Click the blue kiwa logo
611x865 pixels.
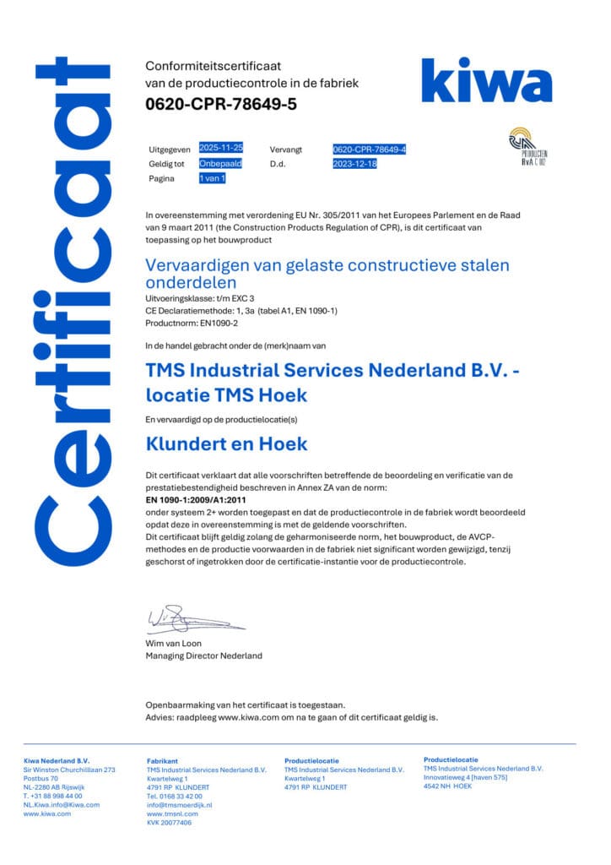[486, 81]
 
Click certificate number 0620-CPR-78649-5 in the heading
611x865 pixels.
[221, 105]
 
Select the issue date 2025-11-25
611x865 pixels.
[221, 148]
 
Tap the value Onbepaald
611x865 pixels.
[218, 163]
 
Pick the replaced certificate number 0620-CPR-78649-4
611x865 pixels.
[370, 149]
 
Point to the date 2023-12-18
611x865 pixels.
[355, 164]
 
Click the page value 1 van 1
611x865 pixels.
[212, 179]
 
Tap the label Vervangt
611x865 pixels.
[286, 149]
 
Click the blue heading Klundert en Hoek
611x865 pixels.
[226, 443]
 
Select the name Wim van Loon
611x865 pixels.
[175, 644]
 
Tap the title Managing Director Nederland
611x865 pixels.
[203, 656]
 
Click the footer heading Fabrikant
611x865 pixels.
[162, 760]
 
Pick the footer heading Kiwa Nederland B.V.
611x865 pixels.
[56, 760]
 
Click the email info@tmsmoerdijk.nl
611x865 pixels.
[179, 804]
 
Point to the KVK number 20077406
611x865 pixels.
[169, 822]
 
